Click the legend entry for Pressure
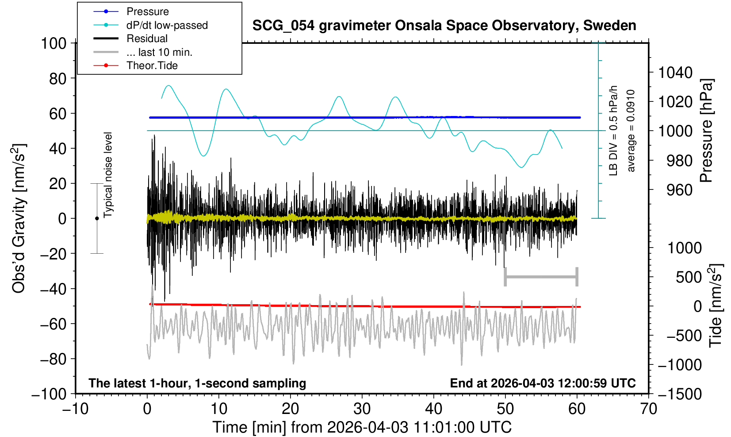(147, 12)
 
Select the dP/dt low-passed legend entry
(167, 25)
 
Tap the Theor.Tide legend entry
(152, 66)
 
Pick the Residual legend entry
(147, 39)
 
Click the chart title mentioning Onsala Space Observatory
(444, 26)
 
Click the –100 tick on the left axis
(49, 394)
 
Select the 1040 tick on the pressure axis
(675, 72)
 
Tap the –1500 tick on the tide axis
(679, 394)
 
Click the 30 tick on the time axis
(362, 408)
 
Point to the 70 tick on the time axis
(648, 408)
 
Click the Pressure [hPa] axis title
(707, 131)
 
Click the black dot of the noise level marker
(97, 218)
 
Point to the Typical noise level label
(108, 175)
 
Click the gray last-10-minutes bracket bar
(541, 277)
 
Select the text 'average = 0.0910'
(631, 131)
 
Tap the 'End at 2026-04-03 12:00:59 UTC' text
(543, 383)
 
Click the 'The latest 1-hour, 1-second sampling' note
(197, 383)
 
